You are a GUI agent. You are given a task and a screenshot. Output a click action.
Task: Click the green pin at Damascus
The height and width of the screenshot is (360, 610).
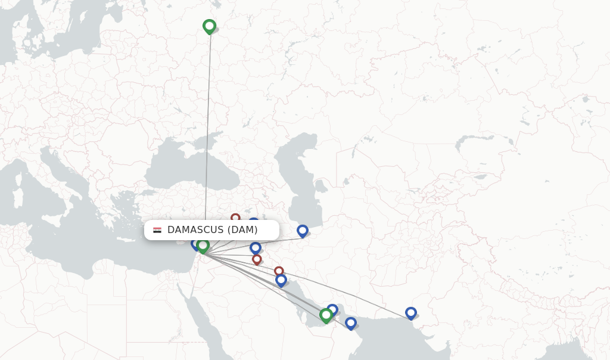(203, 245)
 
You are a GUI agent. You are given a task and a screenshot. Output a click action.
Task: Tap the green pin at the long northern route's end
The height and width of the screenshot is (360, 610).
(209, 26)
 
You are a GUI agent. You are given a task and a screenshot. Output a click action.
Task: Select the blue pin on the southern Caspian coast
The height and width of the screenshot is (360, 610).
(303, 231)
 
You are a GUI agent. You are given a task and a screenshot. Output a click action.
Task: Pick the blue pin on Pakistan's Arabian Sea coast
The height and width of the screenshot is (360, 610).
(410, 312)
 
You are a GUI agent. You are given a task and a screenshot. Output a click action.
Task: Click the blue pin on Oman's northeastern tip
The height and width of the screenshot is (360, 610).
(351, 322)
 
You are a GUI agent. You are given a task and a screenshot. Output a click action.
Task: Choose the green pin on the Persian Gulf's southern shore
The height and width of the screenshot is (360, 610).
(326, 314)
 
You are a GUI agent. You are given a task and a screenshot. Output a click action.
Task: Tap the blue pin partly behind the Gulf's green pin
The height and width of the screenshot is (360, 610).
(333, 309)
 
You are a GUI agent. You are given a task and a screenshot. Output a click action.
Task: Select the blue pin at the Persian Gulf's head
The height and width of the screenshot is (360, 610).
(281, 279)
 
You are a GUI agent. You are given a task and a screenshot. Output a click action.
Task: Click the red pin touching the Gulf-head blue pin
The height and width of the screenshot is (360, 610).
(278, 271)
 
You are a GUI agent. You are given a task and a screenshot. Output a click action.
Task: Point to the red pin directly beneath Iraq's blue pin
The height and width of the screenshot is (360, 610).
(257, 259)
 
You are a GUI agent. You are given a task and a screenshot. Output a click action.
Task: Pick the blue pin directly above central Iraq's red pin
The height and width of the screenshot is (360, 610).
(256, 247)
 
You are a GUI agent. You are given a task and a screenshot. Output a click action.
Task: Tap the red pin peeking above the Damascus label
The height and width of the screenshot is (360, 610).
(235, 218)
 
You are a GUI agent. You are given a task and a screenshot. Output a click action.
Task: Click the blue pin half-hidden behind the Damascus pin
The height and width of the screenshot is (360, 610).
(195, 243)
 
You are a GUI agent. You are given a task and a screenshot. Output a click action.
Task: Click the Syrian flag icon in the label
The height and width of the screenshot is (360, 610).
(157, 230)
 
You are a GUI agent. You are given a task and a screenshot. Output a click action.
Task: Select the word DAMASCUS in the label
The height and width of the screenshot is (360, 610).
(195, 230)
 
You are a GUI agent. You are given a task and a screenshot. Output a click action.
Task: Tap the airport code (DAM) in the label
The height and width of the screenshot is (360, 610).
(242, 230)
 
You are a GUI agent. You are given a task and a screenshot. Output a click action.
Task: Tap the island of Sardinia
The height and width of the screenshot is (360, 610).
(17, 197)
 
